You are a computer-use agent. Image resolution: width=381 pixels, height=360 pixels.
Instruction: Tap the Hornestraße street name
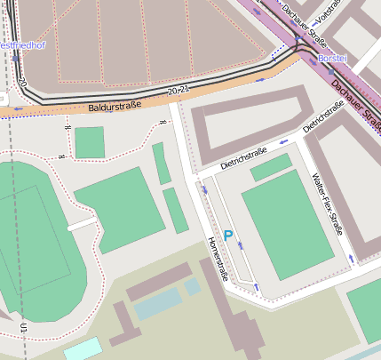tap(218, 259)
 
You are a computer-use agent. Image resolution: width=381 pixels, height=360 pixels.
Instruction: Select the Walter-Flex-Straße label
tap(328, 213)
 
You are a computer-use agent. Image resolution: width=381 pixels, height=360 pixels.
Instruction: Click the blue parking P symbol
tap(227, 236)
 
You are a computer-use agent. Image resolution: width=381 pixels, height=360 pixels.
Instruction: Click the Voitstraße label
tap(330, 12)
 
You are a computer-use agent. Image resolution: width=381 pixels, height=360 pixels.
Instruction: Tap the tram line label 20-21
tap(179, 91)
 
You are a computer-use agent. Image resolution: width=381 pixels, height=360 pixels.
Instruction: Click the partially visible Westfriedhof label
tap(18, 44)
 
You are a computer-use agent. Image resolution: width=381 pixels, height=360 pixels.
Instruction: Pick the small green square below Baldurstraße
tap(89, 142)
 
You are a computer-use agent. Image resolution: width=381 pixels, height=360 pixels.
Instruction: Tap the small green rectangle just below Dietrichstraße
tap(270, 167)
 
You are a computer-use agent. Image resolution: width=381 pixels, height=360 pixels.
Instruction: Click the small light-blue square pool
tap(192, 286)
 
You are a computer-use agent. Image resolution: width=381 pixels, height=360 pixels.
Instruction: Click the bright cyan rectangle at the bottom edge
tap(83, 349)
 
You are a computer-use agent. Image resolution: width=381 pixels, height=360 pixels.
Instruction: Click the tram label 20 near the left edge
tap(21, 83)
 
